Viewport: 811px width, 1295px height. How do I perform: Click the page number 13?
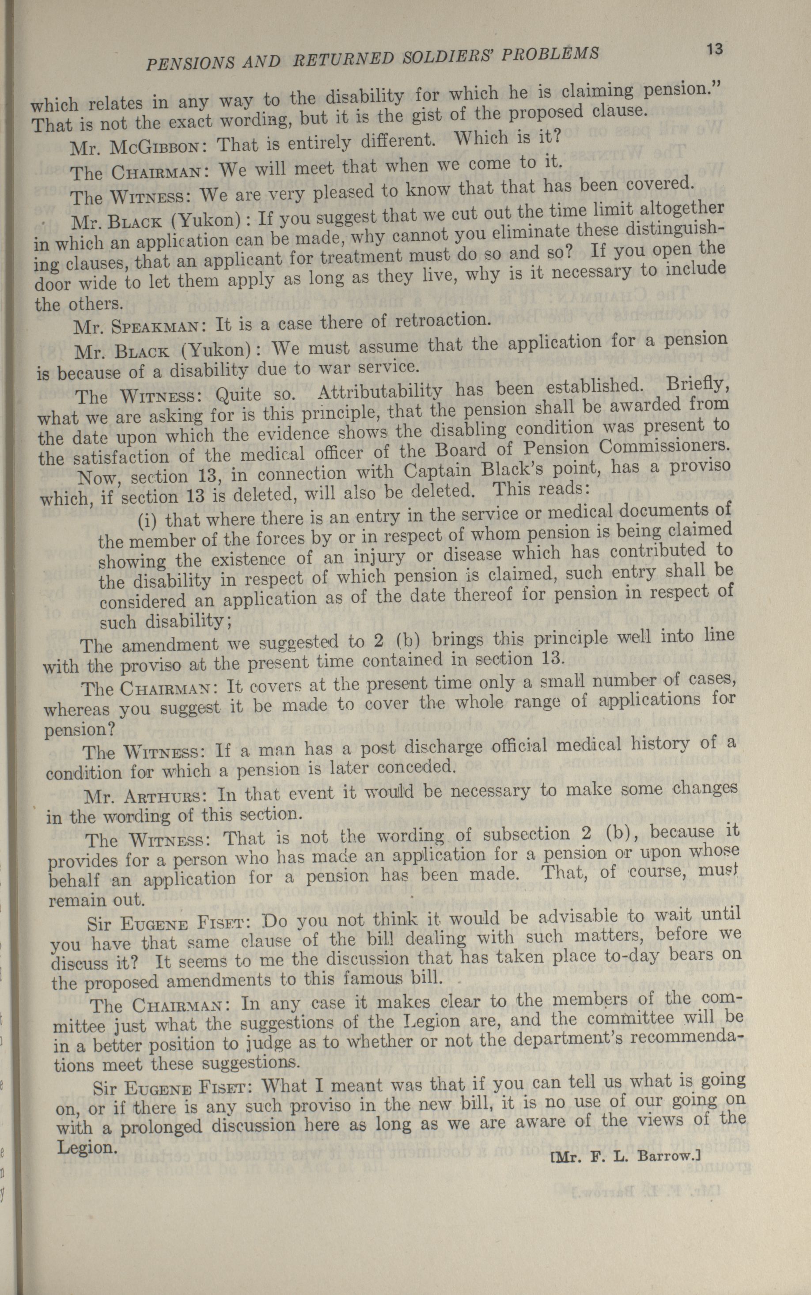click(x=714, y=50)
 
